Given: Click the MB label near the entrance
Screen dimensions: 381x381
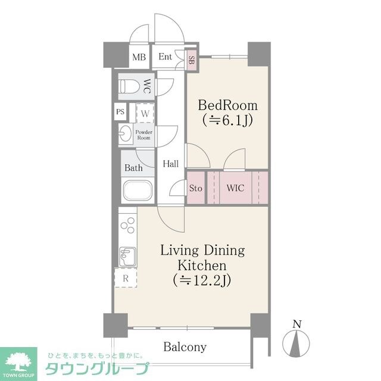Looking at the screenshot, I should (139, 58).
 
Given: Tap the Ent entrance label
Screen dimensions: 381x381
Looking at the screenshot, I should (165, 57).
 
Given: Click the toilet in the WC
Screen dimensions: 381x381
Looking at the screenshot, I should (129, 86).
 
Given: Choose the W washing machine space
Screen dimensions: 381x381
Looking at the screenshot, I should (145, 113).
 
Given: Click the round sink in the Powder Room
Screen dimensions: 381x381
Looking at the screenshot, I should (125, 134).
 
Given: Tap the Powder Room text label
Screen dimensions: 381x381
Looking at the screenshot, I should (144, 134).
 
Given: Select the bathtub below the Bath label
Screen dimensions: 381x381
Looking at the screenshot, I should (136, 192).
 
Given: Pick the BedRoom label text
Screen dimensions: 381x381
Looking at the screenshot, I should (229, 105).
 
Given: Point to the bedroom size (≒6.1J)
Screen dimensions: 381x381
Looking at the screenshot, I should (229, 121).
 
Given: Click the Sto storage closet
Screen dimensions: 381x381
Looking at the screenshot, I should (195, 188).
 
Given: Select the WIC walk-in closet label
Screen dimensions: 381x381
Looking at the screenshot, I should (234, 188).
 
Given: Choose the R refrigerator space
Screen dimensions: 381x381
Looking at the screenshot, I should (126, 278).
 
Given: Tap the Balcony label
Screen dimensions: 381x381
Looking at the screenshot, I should (185, 346).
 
